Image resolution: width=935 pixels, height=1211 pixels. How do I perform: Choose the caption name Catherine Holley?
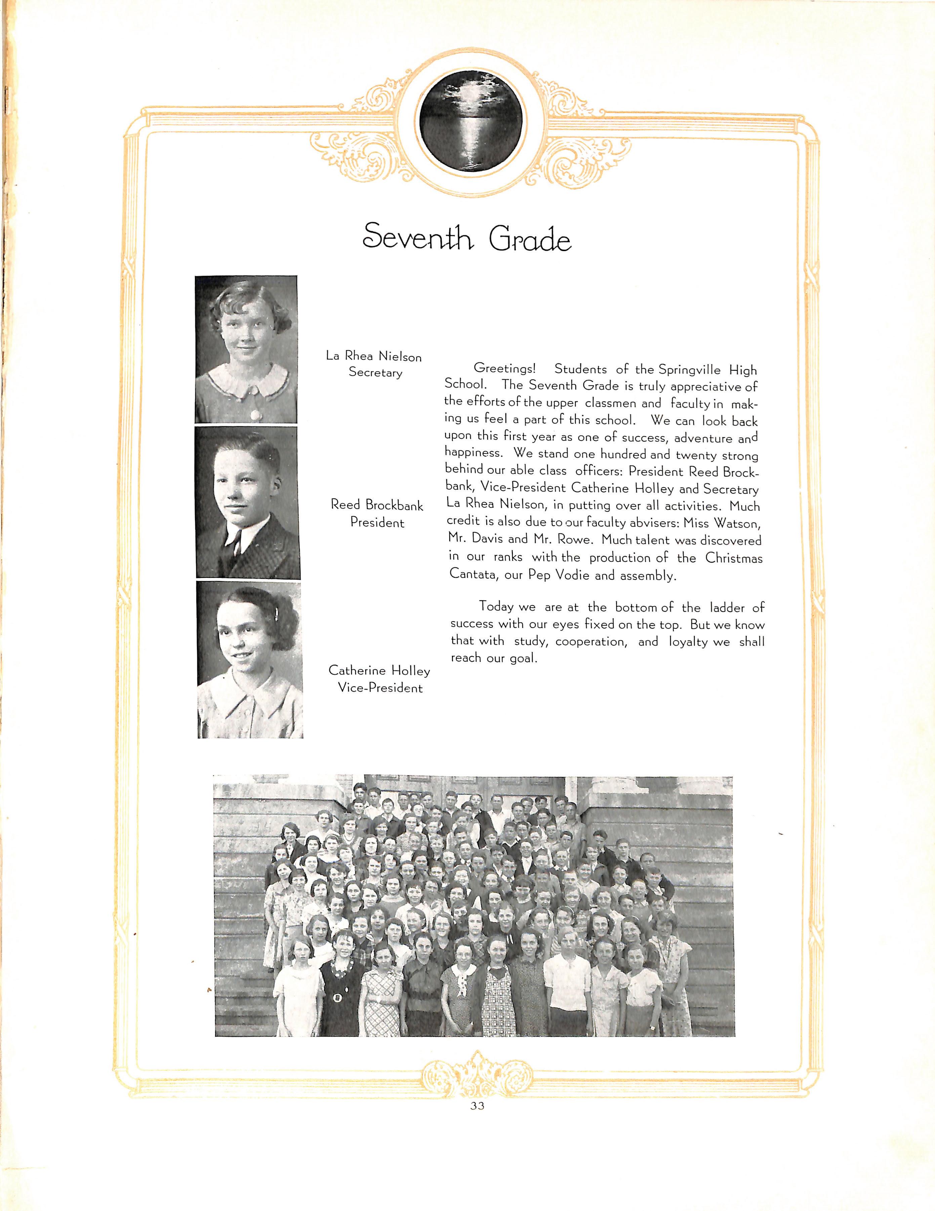point(379,671)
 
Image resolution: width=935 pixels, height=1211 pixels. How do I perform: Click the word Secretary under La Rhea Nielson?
point(375,373)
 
